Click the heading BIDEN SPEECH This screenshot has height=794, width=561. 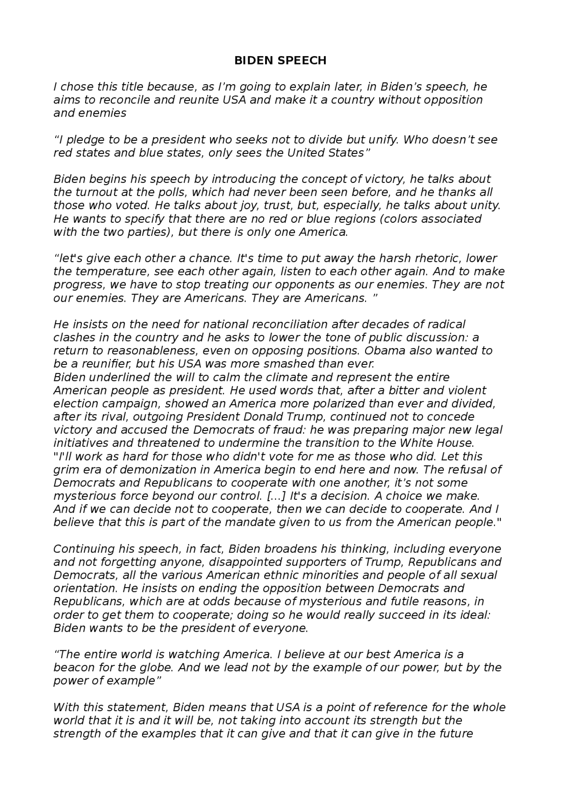pos(280,61)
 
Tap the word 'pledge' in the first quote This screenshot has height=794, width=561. pos(86,140)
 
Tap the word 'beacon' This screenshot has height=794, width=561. pos(73,668)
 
